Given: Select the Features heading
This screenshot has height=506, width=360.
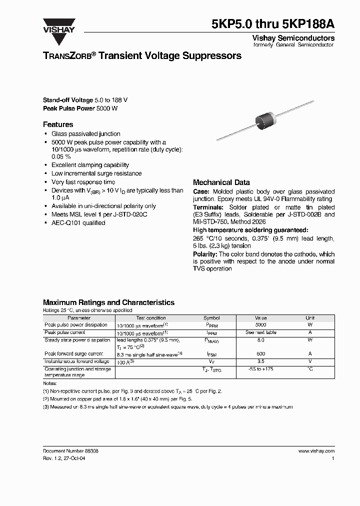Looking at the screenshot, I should coord(58,124).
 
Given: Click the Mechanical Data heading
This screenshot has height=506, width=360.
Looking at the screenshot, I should coord(221,182).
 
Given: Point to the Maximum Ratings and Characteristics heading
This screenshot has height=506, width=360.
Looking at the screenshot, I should coord(108,302).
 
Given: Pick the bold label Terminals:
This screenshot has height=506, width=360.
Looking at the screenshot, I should coord(208,207).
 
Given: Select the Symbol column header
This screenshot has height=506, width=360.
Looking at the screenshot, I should coord(211,318).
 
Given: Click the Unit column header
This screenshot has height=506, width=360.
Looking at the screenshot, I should coord(310,318).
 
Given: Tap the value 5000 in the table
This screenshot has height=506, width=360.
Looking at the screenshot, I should coord(260,325).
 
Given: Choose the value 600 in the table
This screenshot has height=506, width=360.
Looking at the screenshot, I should coord(260,354).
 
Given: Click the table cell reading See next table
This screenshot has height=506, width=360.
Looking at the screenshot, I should coord(260,332).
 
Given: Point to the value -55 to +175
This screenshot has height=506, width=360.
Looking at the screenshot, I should coord(260,369).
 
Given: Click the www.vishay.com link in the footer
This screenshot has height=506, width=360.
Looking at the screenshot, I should coord(316,450).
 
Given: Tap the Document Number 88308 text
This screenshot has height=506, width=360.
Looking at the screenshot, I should coord(70,450).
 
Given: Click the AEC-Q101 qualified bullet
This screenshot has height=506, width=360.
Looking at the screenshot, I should coord(78,223).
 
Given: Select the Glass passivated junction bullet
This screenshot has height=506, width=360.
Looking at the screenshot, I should coord(85,134).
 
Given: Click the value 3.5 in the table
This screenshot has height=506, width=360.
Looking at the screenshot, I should coord(260,361).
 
